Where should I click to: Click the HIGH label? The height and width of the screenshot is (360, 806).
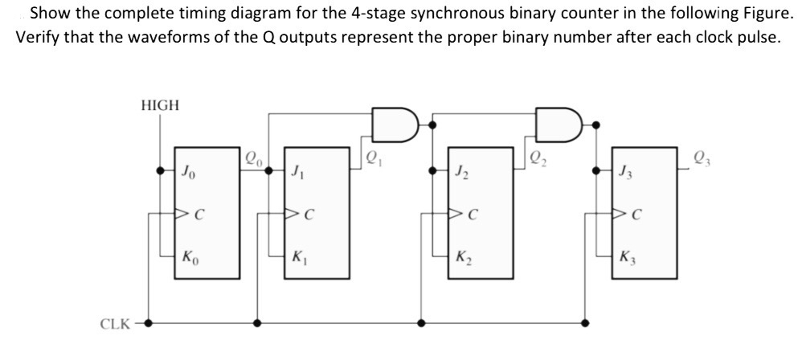160,105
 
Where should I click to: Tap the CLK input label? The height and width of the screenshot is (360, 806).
115,324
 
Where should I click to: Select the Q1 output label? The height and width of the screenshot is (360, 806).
372,158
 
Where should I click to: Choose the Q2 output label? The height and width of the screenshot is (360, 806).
534,158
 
